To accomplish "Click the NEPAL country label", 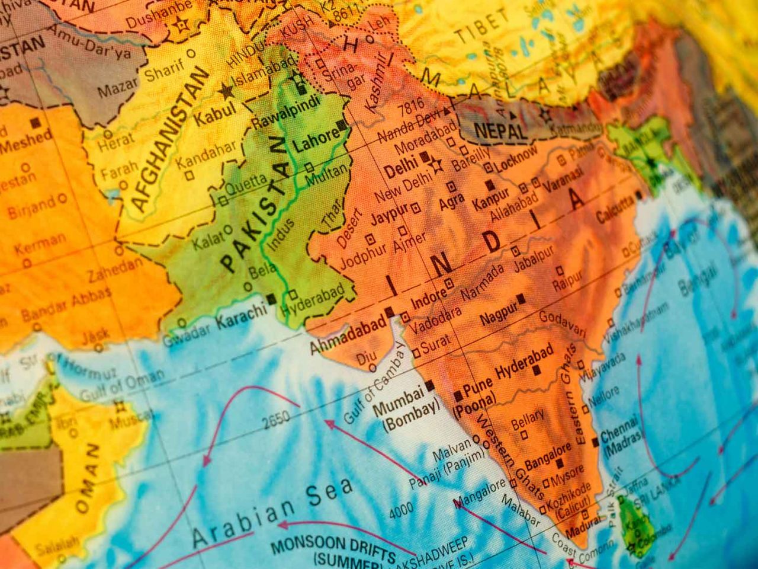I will [500, 129].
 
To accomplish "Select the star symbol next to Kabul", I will [226, 91].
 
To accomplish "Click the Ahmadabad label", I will [347, 335].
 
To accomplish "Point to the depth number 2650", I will [276, 419].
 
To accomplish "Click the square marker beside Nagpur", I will [521, 298].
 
